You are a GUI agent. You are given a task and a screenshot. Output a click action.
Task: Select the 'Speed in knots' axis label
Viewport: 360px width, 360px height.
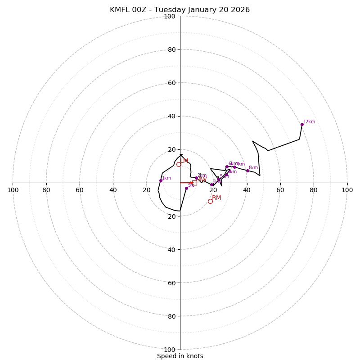point(180,356)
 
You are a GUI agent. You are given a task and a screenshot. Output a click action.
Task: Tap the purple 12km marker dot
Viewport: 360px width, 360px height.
point(302,124)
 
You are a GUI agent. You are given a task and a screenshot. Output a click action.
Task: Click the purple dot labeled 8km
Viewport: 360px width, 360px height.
point(247,171)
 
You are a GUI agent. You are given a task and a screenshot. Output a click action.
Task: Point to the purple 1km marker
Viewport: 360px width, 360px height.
point(161,180)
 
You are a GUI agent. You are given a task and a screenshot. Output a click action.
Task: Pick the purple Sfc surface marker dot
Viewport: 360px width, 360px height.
point(186,188)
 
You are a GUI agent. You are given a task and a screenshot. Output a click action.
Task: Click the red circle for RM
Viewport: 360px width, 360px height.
point(210,201)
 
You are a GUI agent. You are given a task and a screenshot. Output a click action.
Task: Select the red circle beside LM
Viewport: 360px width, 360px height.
point(179,164)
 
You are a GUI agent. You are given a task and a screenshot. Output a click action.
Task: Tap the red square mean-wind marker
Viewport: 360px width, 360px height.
point(194,183)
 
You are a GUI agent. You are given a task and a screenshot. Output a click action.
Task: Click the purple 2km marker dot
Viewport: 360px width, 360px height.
point(196,178)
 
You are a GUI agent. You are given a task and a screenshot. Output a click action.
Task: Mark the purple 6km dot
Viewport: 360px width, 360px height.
point(227,167)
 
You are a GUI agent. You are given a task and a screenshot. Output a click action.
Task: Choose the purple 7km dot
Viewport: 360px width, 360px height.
point(234,167)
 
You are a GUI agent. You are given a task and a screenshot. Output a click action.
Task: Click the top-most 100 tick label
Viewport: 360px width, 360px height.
point(170,16)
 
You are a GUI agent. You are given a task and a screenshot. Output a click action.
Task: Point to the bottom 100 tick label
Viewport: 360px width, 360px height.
point(170,350)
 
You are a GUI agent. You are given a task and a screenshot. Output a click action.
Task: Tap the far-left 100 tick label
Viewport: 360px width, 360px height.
point(13,190)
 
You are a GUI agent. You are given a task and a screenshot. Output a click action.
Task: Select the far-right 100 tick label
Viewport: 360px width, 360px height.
point(347,190)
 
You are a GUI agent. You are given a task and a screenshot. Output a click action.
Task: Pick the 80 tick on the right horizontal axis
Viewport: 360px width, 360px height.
point(314,190)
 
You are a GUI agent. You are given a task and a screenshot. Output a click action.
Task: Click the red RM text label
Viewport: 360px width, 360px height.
point(216,198)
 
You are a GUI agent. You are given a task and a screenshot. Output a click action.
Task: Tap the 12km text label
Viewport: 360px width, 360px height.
point(309,121)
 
